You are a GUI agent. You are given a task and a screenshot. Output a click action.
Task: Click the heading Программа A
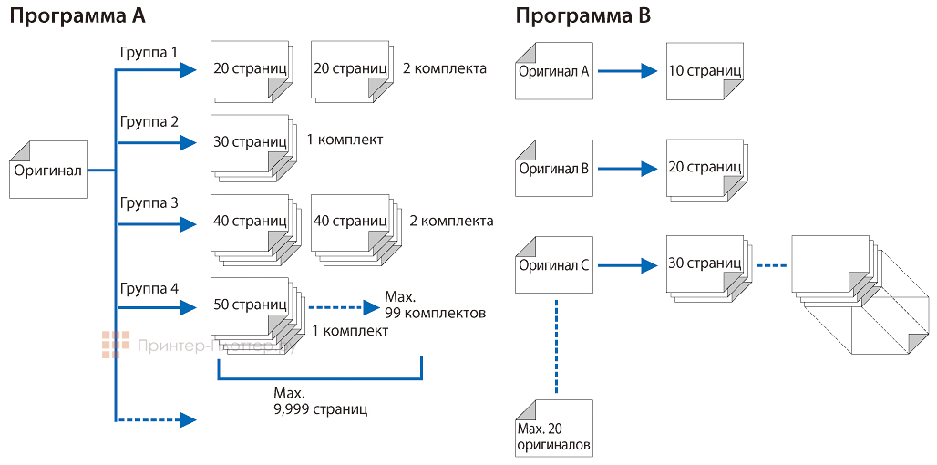pos(78,16)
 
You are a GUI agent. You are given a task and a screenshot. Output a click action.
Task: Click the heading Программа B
pos(582,16)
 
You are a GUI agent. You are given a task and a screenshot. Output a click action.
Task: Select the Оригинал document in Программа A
pos(48,170)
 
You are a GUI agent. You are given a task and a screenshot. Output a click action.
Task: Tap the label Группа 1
pos(149,53)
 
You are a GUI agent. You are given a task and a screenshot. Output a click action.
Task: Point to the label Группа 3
pos(149,203)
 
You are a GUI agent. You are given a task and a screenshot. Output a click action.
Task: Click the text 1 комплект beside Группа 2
pos(345,139)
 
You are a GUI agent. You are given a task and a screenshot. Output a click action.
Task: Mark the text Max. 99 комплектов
pos(434,305)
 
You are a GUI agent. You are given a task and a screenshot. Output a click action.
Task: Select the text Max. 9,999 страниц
pos(319,401)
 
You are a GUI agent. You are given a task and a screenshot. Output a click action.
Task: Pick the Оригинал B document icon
pos(553,168)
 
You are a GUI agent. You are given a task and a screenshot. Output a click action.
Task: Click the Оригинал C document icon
pos(553,265)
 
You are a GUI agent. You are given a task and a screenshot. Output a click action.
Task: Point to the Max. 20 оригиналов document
pos(553,429)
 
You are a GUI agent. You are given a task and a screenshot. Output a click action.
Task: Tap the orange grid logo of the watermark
pos(115,345)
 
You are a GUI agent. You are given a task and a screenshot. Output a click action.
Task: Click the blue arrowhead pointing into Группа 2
pos(189,142)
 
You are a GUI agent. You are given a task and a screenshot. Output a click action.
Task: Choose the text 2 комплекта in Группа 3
pos(451,221)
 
